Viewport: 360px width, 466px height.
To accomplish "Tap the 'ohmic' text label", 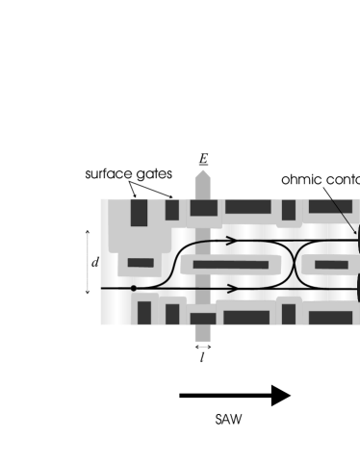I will pos(302,179).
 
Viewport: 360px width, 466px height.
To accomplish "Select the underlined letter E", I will pos(203,158).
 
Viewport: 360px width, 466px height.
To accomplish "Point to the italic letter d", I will pos(94,261).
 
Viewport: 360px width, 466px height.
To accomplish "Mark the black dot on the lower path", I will pos(134,287).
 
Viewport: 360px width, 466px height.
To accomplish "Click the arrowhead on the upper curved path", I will pos(231,242).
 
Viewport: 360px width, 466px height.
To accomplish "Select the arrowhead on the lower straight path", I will pos(231,287).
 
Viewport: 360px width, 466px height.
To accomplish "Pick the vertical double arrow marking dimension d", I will pos(88,261).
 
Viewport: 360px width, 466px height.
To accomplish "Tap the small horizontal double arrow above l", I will pos(203,345).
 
